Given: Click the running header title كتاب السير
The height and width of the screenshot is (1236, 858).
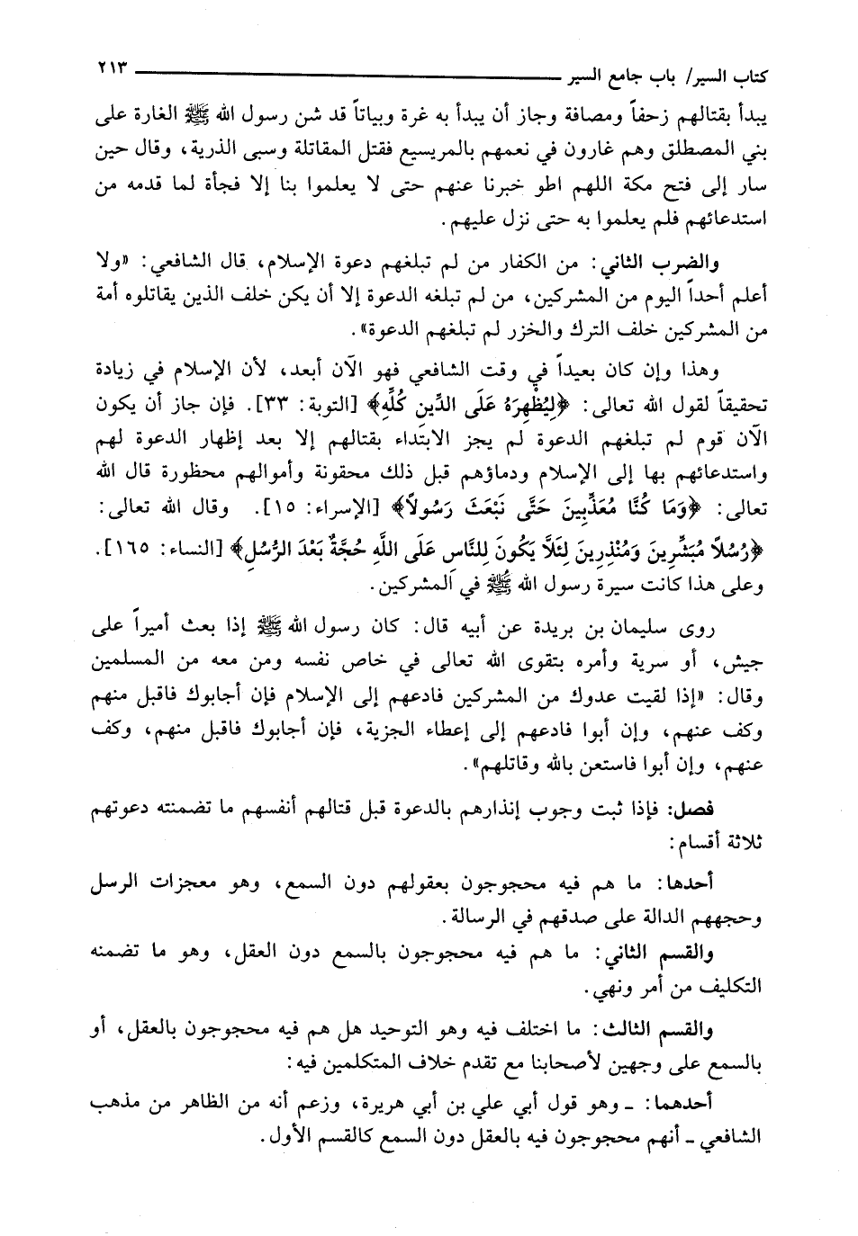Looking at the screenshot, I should pyautogui.click(x=728, y=72).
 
